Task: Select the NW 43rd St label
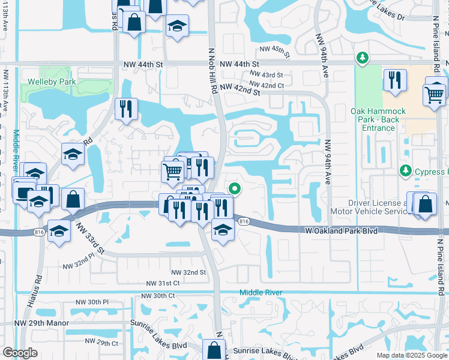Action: [x=267, y=75]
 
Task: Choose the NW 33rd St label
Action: [x=90, y=237]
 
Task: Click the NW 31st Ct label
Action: [x=163, y=283]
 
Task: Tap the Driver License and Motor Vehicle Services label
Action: [x=369, y=207]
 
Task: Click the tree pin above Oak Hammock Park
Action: [x=362, y=58]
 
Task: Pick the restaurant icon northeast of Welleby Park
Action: [x=126, y=109]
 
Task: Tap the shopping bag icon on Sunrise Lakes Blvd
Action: [x=214, y=350]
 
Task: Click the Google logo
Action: [x=20, y=353]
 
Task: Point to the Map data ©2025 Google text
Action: [x=411, y=355]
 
